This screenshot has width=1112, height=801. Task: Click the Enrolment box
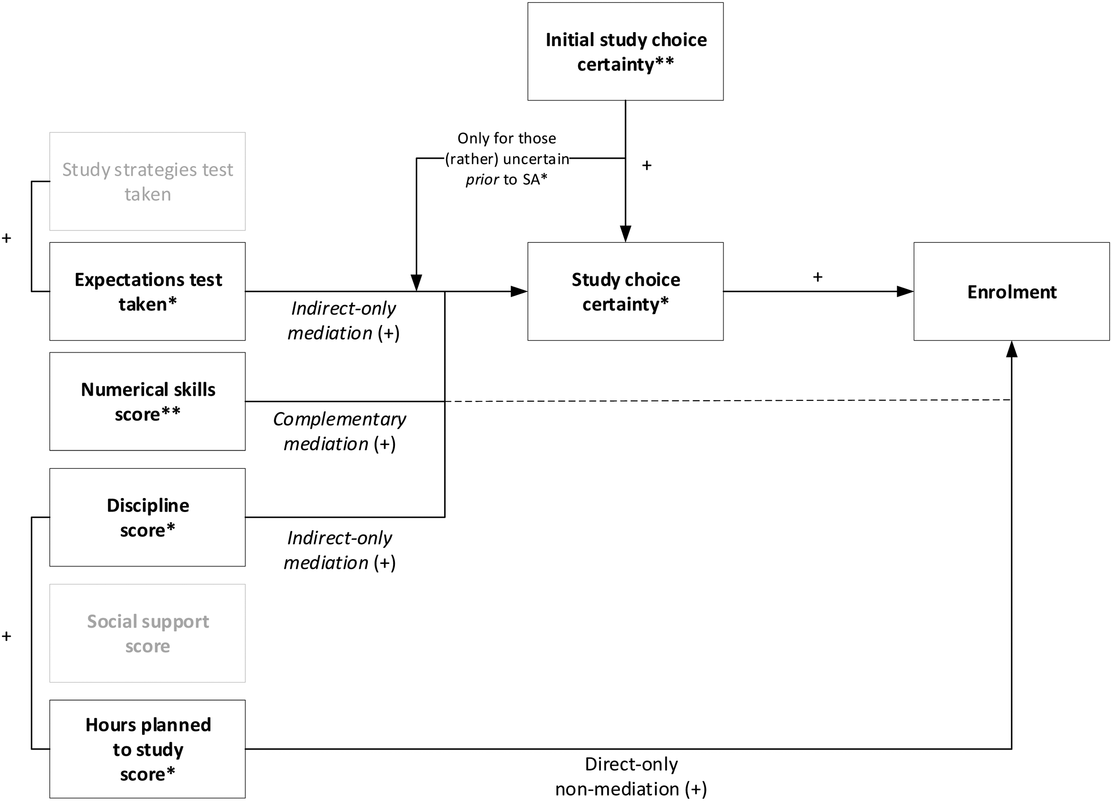pos(1011,291)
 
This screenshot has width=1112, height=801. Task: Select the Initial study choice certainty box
pos(625,51)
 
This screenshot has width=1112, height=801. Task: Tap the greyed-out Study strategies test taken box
pos(147,181)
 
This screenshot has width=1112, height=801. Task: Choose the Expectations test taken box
pos(147,291)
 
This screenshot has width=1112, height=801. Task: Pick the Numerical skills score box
pos(147,401)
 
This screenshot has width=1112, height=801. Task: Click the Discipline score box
pos(147,517)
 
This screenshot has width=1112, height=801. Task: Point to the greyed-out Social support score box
pos(147,633)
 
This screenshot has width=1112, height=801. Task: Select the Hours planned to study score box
pos(147,749)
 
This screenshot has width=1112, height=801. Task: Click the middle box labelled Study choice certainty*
pos(625,291)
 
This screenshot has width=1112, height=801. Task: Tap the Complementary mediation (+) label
pos(339,431)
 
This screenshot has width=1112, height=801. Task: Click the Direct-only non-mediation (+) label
pos(631,776)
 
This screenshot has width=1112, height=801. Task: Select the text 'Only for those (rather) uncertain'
pos(507,149)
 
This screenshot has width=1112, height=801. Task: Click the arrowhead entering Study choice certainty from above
pos(625,234)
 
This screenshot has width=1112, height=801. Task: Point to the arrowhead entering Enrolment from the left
pos(905,291)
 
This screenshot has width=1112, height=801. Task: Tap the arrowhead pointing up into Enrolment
pos(1012,349)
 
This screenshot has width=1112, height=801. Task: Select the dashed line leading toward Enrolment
pos(728,401)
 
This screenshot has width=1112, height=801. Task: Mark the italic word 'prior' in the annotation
pos(482,180)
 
